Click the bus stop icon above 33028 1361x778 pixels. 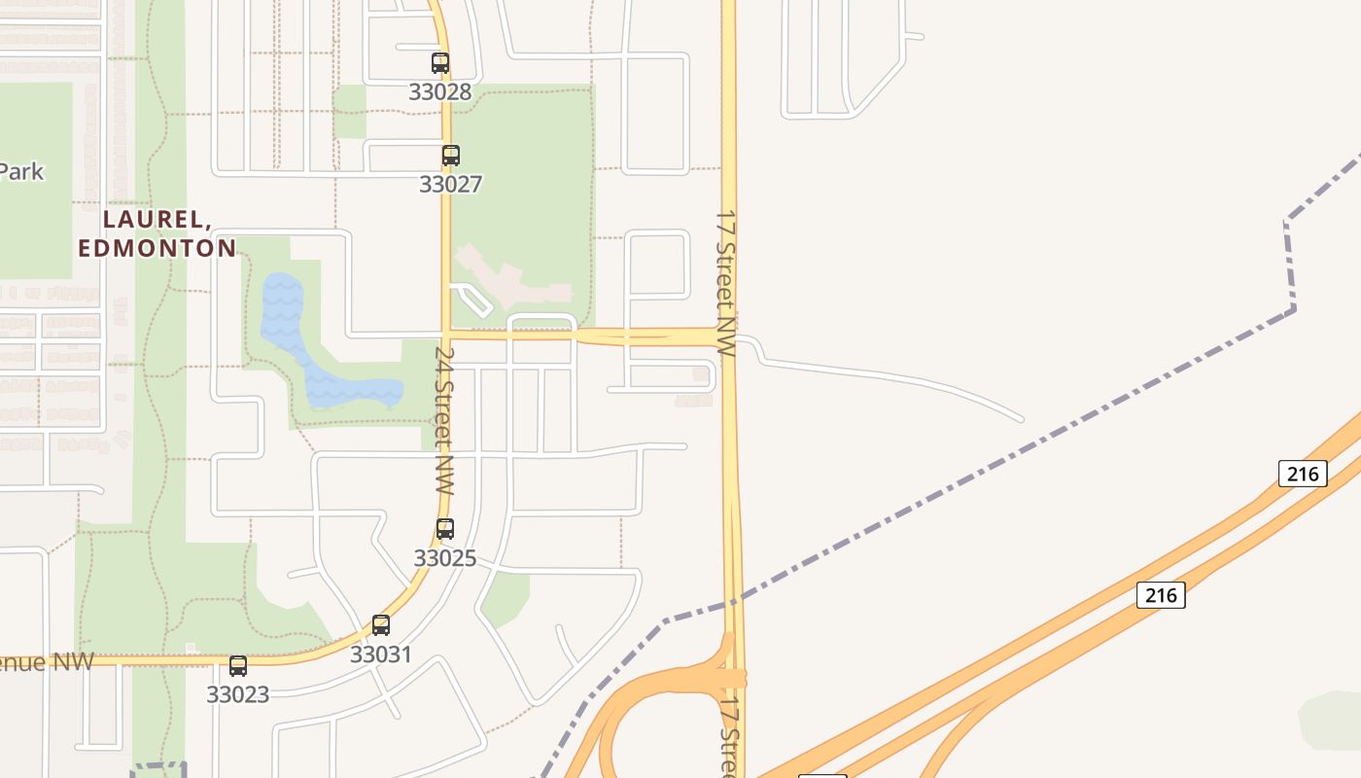click(x=440, y=63)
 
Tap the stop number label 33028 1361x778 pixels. click(x=439, y=92)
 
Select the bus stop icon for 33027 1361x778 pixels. click(x=450, y=155)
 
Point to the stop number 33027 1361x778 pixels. click(x=450, y=184)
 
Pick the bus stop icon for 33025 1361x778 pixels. click(x=444, y=529)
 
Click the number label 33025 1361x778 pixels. click(x=444, y=558)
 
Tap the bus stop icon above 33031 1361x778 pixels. click(x=381, y=625)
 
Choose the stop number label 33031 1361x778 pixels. click(x=381, y=654)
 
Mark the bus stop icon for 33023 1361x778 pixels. click(x=238, y=666)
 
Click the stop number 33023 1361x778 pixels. click(x=237, y=694)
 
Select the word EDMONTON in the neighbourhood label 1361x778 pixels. click(x=157, y=248)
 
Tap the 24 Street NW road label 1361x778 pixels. click(x=444, y=420)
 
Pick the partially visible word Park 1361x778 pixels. click(x=21, y=172)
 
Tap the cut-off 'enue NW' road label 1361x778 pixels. click(x=47, y=662)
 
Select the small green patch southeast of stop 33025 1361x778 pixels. click(x=505, y=596)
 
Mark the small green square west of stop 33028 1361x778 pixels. click(x=349, y=111)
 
